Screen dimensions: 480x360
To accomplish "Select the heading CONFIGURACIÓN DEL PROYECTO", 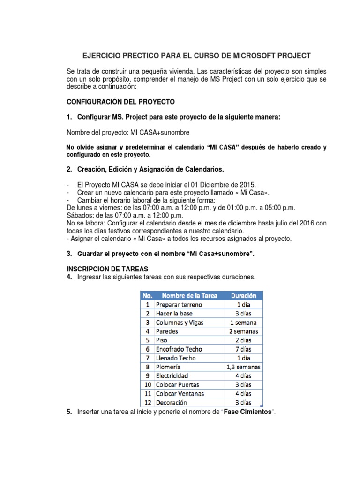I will tap(121, 102).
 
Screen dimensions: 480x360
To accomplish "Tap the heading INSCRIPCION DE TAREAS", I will tap(107, 269).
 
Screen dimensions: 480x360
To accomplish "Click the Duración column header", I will tap(243, 296).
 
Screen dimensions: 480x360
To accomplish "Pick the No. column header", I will tap(147, 296).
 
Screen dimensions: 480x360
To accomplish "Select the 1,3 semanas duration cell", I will tap(243, 367).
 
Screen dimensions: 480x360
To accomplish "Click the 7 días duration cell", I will tap(243, 349).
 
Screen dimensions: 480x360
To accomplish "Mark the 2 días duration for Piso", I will tap(243, 340).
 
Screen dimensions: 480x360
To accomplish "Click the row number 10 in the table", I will tap(147, 385).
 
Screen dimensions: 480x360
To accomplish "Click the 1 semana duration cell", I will tap(243, 322).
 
